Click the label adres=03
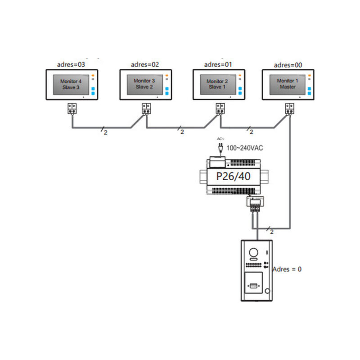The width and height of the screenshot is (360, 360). tap(72, 64)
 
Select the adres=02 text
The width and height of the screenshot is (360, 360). tap(145, 64)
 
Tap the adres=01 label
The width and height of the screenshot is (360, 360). tap(218, 64)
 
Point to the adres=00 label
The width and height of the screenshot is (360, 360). tap(288, 64)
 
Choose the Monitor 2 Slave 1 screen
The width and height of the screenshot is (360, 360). tap(217, 84)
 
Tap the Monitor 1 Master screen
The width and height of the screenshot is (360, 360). tap(287, 84)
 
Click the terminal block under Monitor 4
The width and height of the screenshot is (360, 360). tap(72, 108)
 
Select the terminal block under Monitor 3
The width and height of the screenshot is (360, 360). tap(146, 108)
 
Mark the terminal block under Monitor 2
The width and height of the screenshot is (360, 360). tap(220, 108)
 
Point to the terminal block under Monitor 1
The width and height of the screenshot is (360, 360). tap(289, 108)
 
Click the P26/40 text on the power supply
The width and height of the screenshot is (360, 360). tap(233, 176)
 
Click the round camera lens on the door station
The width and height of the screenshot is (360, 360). tap(254, 253)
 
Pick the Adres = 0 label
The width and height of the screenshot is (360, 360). tap(287, 269)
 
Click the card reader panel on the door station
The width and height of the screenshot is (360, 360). tap(254, 285)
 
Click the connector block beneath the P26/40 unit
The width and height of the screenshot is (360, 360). tap(254, 204)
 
